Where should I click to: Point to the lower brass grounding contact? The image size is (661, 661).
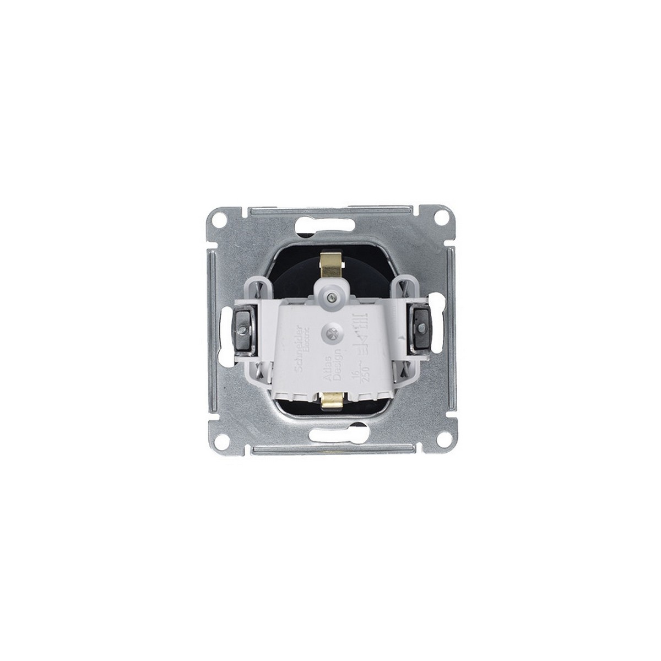click(x=330, y=398)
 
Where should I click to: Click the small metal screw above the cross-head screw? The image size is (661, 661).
click(x=330, y=297)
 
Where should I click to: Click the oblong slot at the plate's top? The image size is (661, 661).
click(x=330, y=225)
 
